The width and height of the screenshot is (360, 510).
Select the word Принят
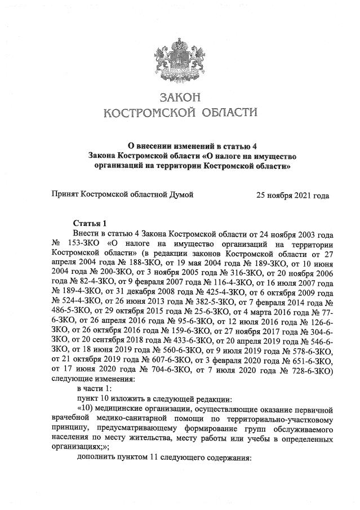click(x=65, y=195)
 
